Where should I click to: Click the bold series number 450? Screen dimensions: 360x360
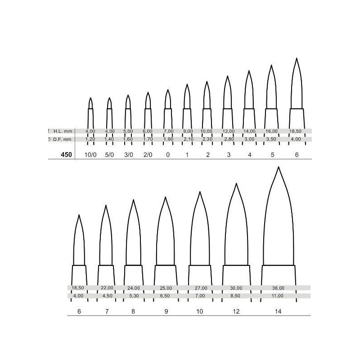(x=66, y=155)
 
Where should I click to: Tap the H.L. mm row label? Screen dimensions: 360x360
(x=63, y=131)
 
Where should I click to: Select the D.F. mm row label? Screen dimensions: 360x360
(x=62, y=139)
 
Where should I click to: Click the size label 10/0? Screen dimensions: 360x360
(x=90, y=155)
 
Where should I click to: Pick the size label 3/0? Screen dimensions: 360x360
(x=129, y=155)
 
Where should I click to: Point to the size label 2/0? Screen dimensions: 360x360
(x=148, y=155)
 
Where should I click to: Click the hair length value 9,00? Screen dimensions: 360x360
(x=188, y=131)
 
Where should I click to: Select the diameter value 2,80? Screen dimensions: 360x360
(x=229, y=139)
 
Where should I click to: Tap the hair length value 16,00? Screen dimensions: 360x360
(x=272, y=131)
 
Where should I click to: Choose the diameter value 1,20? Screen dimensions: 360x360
(x=90, y=139)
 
